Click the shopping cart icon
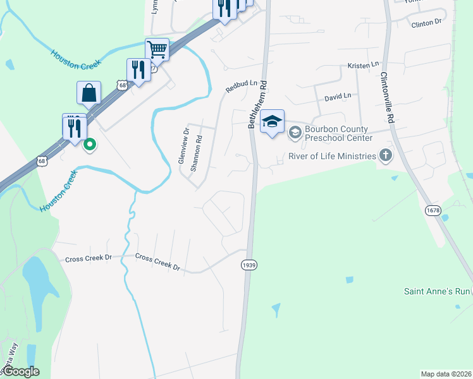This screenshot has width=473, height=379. click(157, 49)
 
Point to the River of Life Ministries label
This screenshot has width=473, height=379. click(331, 156)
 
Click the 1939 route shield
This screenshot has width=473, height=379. click(249, 265)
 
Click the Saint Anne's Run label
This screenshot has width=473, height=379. click(437, 291)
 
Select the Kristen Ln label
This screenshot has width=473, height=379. click(363, 66)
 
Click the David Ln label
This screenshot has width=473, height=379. click(337, 97)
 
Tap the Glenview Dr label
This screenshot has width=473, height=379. click(184, 147)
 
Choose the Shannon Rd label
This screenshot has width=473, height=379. click(197, 153)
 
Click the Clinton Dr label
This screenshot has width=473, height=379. click(426, 23)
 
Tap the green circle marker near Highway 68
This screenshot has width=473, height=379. click(90, 144)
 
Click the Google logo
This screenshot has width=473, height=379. click(20, 371)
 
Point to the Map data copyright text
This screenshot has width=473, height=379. click(446, 374)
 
